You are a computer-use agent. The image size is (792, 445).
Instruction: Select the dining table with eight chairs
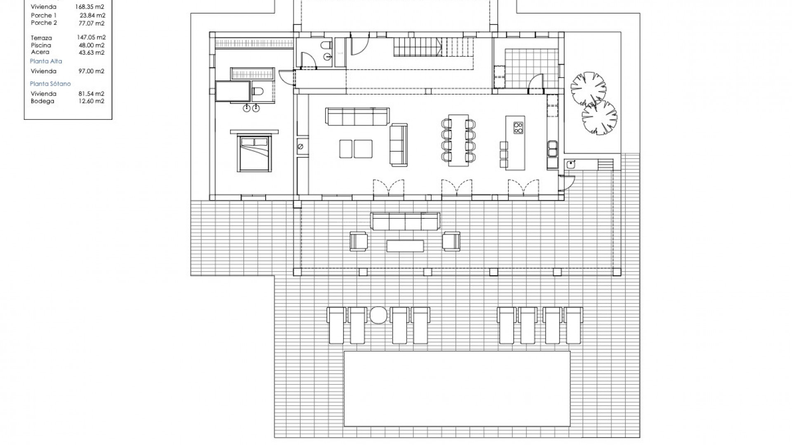click(x=458, y=140)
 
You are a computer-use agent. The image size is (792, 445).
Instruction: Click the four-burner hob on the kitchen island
click(x=518, y=128)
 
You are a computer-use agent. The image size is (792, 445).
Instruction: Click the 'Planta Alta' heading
click(x=46, y=61)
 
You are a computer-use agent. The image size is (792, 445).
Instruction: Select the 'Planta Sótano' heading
click(x=50, y=84)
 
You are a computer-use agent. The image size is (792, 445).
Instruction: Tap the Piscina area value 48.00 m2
click(x=92, y=45)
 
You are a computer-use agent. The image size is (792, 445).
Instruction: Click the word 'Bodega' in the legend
click(x=42, y=101)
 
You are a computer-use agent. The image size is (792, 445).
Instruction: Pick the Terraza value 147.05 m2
click(x=91, y=37)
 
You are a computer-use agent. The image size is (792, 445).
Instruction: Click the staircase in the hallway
click(x=433, y=47)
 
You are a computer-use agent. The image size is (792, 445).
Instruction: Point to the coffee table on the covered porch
click(x=405, y=246)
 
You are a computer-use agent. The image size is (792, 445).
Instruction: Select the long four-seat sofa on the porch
click(x=405, y=221)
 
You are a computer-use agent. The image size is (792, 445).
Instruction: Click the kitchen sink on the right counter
click(x=552, y=149)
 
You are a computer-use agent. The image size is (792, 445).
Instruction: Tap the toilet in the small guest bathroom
click(x=327, y=45)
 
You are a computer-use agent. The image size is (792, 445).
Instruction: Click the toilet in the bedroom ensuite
click(x=258, y=91)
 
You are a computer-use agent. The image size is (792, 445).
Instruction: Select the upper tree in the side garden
click(x=588, y=88)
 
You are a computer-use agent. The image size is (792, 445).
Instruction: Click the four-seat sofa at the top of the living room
click(x=357, y=116)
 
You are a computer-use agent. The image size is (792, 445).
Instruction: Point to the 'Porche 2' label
click(x=44, y=23)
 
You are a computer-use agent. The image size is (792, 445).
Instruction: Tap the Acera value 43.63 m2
click(x=92, y=53)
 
